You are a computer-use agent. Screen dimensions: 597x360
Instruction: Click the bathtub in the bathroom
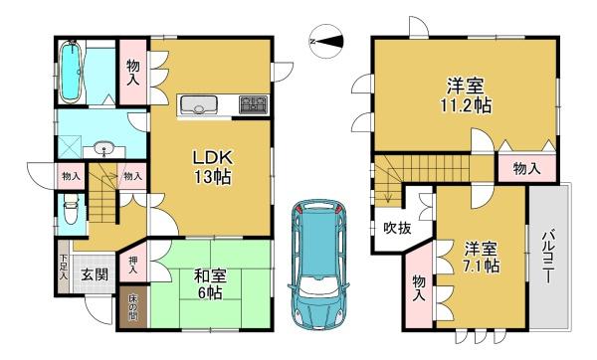(x=71, y=72)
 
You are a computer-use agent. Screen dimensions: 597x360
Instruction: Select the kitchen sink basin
(x=199, y=104)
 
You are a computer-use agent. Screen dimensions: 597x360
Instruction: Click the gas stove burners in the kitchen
(x=253, y=104)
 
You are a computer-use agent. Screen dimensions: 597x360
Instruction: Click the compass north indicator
(x=326, y=42)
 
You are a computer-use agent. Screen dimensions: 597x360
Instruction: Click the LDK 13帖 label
(x=213, y=167)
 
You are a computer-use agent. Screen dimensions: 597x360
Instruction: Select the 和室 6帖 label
(x=210, y=283)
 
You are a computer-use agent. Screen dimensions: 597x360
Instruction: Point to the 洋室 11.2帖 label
(x=466, y=95)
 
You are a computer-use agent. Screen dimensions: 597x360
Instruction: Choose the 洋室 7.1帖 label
(x=482, y=258)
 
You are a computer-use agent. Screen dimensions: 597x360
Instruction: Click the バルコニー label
(x=548, y=257)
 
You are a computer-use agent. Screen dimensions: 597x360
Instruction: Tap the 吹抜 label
(x=397, y=229)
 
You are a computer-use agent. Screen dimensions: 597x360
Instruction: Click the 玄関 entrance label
(x=95, y=274)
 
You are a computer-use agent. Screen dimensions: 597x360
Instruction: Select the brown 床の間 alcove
(x=133, y=306)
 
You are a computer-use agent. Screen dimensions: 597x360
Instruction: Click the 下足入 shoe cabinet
(x=64, y=267)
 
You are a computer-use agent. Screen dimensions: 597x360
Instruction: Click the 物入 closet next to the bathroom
(x=133, y=72)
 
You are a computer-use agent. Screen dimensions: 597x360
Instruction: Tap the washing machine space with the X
(x=70, y=146)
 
